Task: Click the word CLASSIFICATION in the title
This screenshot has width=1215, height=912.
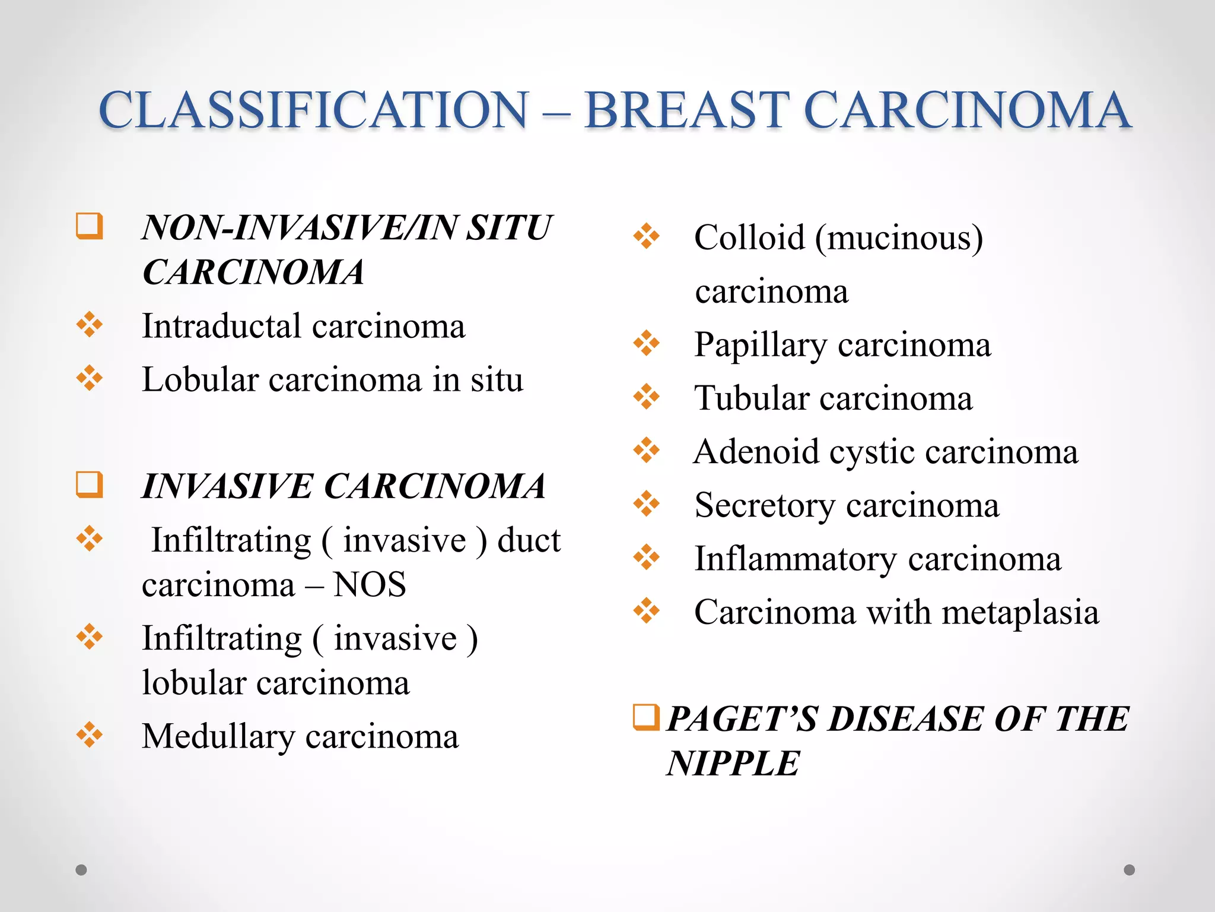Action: coord(313,110)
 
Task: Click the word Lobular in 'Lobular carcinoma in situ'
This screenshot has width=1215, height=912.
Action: coord(200,379)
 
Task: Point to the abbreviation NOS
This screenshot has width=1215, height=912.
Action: coord(370,584)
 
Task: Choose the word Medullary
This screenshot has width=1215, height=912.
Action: coord(218,737)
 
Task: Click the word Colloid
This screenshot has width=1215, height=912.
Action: coord(749,237)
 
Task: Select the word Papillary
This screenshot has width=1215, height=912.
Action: coord(761,345)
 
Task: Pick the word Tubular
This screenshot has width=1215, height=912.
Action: coord(752,398)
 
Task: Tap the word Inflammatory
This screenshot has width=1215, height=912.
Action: coord(796,559)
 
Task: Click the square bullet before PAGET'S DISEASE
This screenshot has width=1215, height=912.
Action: coord(645,717)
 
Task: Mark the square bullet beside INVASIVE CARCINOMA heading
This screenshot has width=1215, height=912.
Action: coord(90,484)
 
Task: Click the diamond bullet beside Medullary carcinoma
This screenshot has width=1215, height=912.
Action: coord(90,735)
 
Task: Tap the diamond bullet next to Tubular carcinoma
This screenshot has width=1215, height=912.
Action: coord(646,397)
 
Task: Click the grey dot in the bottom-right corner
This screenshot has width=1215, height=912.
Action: coord(1129,870)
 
